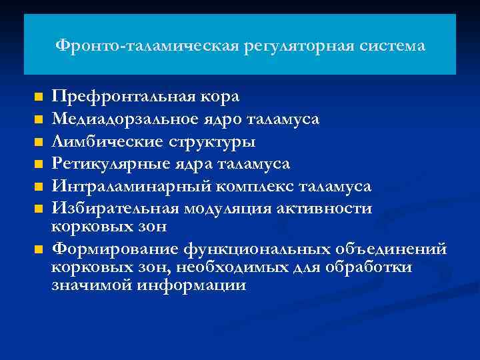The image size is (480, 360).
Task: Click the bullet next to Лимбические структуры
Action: pos(39,142)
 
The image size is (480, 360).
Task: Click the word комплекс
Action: pos(242,187)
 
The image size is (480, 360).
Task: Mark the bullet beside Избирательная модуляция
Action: pos(39,209)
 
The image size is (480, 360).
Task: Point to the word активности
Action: pos(329,209)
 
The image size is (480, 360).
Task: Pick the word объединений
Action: pos(385,249)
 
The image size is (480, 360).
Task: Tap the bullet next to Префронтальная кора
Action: pos(39,97)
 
